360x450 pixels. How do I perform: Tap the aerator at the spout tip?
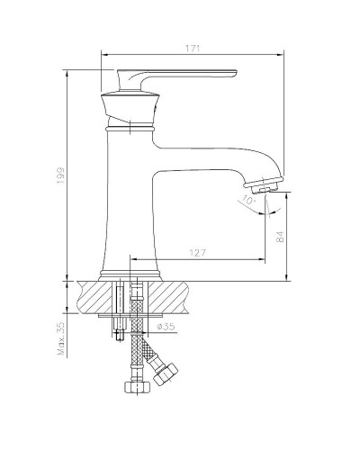[261, 187]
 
